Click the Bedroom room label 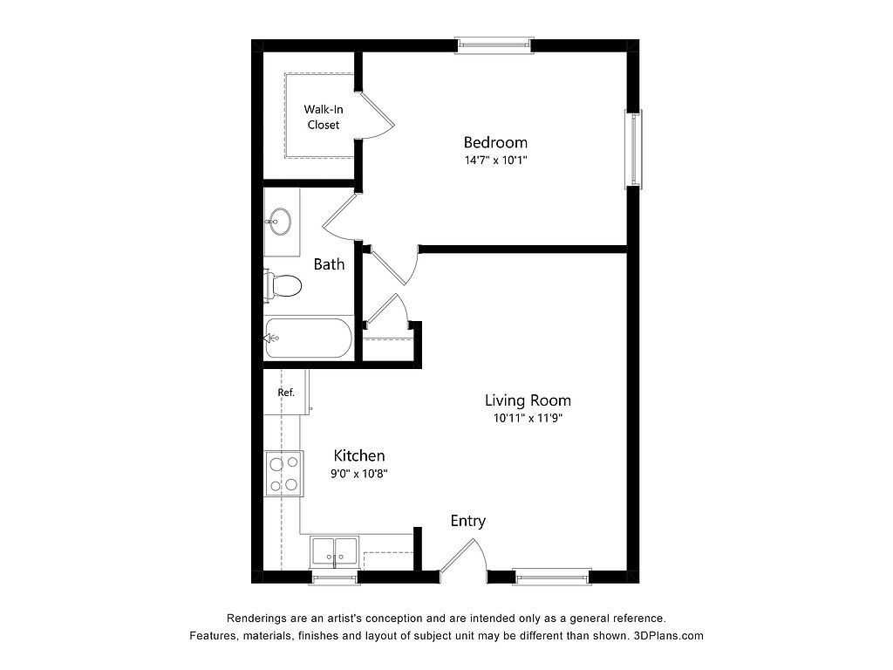(495, 142)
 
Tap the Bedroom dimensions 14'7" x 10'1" (495, 161)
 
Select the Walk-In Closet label (324, 117)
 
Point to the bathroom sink (280, 221)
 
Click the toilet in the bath (283, 285)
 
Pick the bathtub (308, 338)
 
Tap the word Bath (329, 264)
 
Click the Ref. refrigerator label (286, 393)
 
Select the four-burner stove (283, 474)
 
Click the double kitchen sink (334, 551)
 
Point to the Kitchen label (358, 455)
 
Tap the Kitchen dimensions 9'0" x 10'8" (358, 474)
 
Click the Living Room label (528, 400)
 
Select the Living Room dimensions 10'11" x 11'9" (528, 418)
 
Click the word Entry (468, 521)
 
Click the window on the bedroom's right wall (634, 148)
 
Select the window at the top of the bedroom (494, 45)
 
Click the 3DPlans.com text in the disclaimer (668, 636)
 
